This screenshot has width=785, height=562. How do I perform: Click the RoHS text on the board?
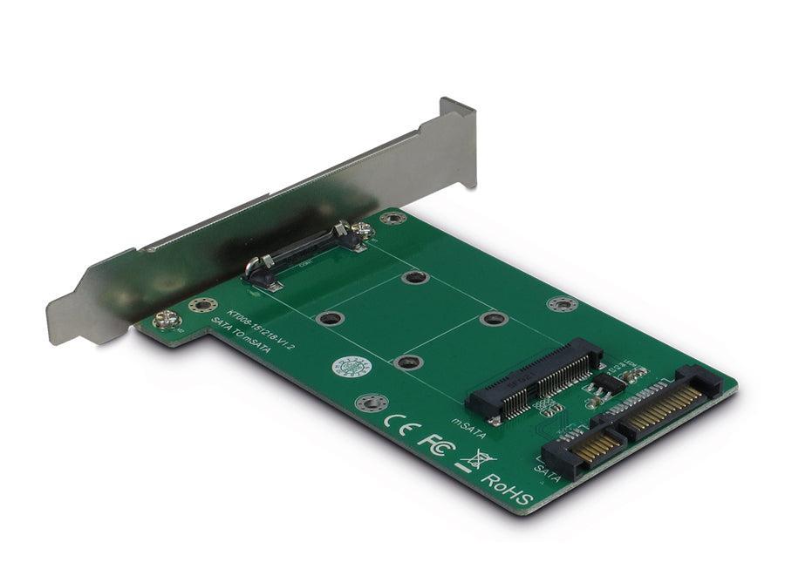point(507,489)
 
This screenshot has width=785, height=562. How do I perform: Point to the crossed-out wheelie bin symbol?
point(479,459)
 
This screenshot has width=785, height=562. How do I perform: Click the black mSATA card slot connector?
point(533,380)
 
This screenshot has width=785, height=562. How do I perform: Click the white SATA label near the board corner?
point(547,473)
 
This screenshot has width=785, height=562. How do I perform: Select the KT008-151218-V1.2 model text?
point(261,327)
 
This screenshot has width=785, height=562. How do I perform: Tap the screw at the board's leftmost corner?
point(167,320)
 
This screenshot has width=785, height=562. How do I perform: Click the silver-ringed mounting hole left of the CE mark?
point(372,403)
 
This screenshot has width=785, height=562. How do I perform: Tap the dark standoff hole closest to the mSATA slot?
point(494,318)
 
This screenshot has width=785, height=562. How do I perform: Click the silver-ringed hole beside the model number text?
point(202,305)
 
